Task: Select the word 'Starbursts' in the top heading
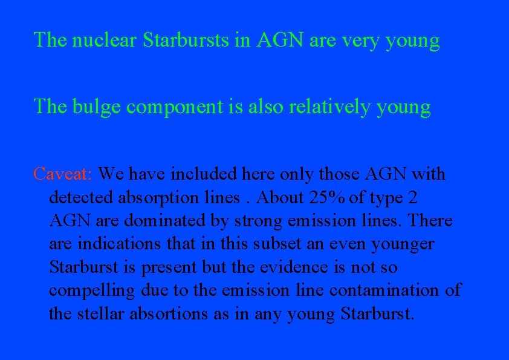coord(193,41)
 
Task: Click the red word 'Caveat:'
coord(63,174)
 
